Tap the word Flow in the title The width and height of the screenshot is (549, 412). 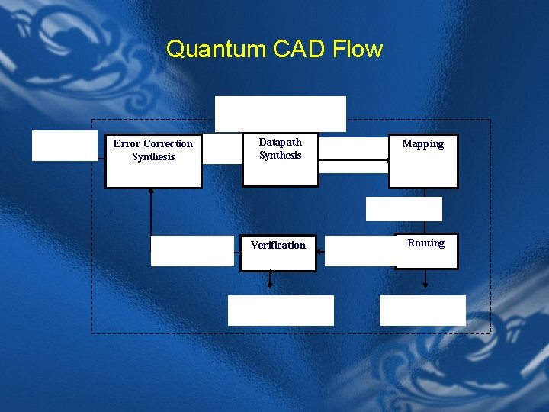click(358, 50)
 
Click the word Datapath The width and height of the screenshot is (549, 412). click(280, 142)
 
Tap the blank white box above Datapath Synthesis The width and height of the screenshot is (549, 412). click(280, 114)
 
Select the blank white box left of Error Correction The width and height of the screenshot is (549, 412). click(64, 146)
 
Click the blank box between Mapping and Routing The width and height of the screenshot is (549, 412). click(403, 208)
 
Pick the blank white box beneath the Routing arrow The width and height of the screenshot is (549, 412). click(422, 311)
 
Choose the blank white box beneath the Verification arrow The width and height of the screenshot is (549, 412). click(281, 311)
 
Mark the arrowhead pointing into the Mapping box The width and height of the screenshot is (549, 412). click(385, 160)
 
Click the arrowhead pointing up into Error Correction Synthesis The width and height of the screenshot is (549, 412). click(152, 192)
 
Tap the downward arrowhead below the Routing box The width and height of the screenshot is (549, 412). click(425, 285)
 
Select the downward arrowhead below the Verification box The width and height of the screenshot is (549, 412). click(269, 285)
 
